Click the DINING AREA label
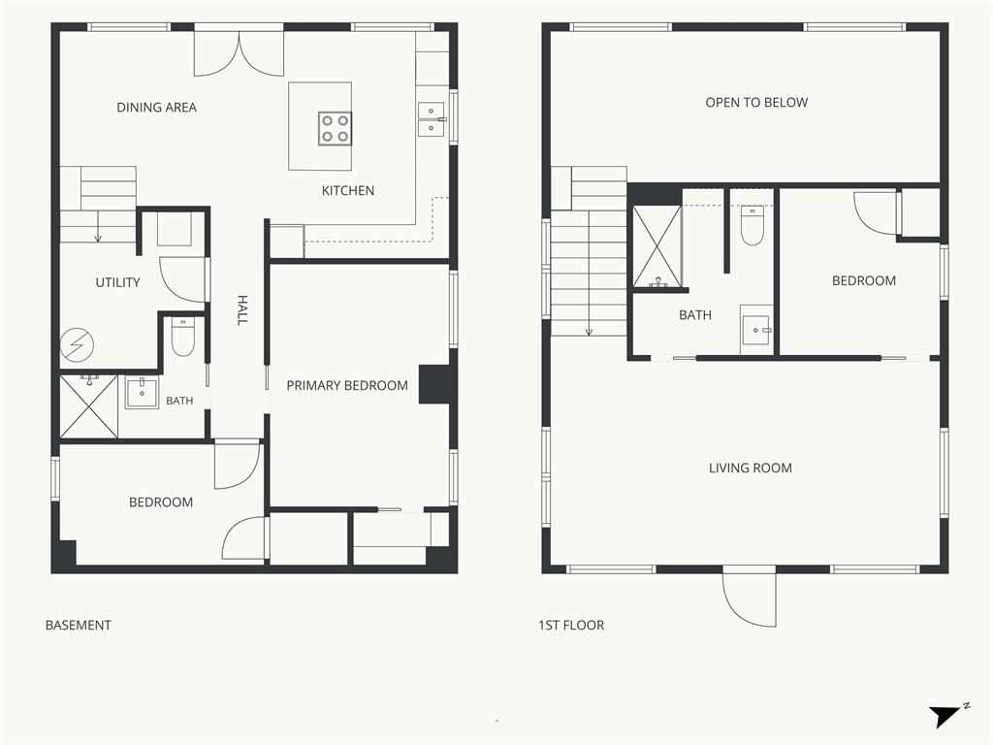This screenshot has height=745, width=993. point(156,108)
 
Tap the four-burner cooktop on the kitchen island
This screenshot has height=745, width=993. point(335,129)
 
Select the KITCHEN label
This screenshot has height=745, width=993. point(348,191)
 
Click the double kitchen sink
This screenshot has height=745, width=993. point(432,119)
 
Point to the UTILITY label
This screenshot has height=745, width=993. point(117,282)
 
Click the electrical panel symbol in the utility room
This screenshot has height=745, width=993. point(77,345)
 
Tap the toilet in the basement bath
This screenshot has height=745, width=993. point(183,338)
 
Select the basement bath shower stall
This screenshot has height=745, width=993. point(88,406)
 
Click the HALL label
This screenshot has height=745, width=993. point(241,309)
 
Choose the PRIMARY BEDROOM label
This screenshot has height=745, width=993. point(347,386)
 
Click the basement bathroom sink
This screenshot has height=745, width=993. point(142,393)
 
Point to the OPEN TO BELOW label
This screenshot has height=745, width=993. point(756,103)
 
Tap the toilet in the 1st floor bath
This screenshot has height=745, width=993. point(753,225)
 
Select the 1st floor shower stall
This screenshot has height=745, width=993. point(657,246)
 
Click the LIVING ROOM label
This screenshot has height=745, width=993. point(751,469)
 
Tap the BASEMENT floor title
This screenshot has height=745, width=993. point(79,626)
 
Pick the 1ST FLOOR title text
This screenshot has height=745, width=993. point(571,626)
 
